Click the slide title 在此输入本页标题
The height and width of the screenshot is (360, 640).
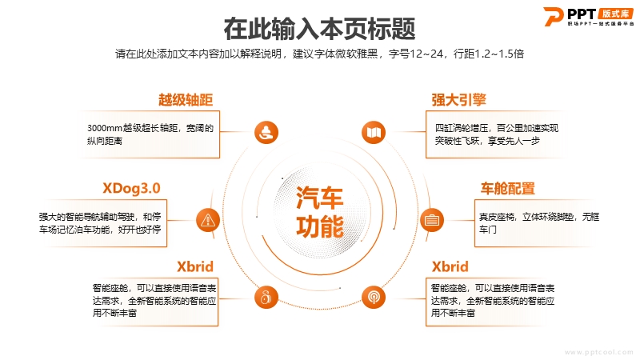(x=319, y=29)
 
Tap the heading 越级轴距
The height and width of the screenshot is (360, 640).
(x=186, y=99)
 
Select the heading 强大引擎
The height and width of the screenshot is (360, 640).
(x=458, y=99)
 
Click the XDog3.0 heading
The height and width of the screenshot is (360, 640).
(x=131, y=188)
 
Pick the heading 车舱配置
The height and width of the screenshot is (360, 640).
(x=508, y=189)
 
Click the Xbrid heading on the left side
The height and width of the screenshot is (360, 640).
(x=195, y=266)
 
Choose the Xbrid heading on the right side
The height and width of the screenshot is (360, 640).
(x=450, y=266)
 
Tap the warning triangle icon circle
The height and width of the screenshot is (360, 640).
(x=208, y=221)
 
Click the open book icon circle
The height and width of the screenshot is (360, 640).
(x=374, y=133)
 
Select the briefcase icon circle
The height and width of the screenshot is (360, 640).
(x=432, y=220)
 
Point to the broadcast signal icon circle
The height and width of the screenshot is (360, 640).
(x=374, y=297)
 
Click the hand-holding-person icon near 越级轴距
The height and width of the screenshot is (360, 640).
(x=266, y=133)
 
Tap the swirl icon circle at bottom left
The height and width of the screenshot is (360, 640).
(x=266, y=297)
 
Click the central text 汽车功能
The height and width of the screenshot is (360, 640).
(x=319, y=212)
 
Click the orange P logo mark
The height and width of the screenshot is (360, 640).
(x=554, y=17)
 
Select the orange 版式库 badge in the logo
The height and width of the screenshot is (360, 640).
(x=615, y=14)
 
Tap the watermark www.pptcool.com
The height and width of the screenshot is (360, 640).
(x=598, y=352)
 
